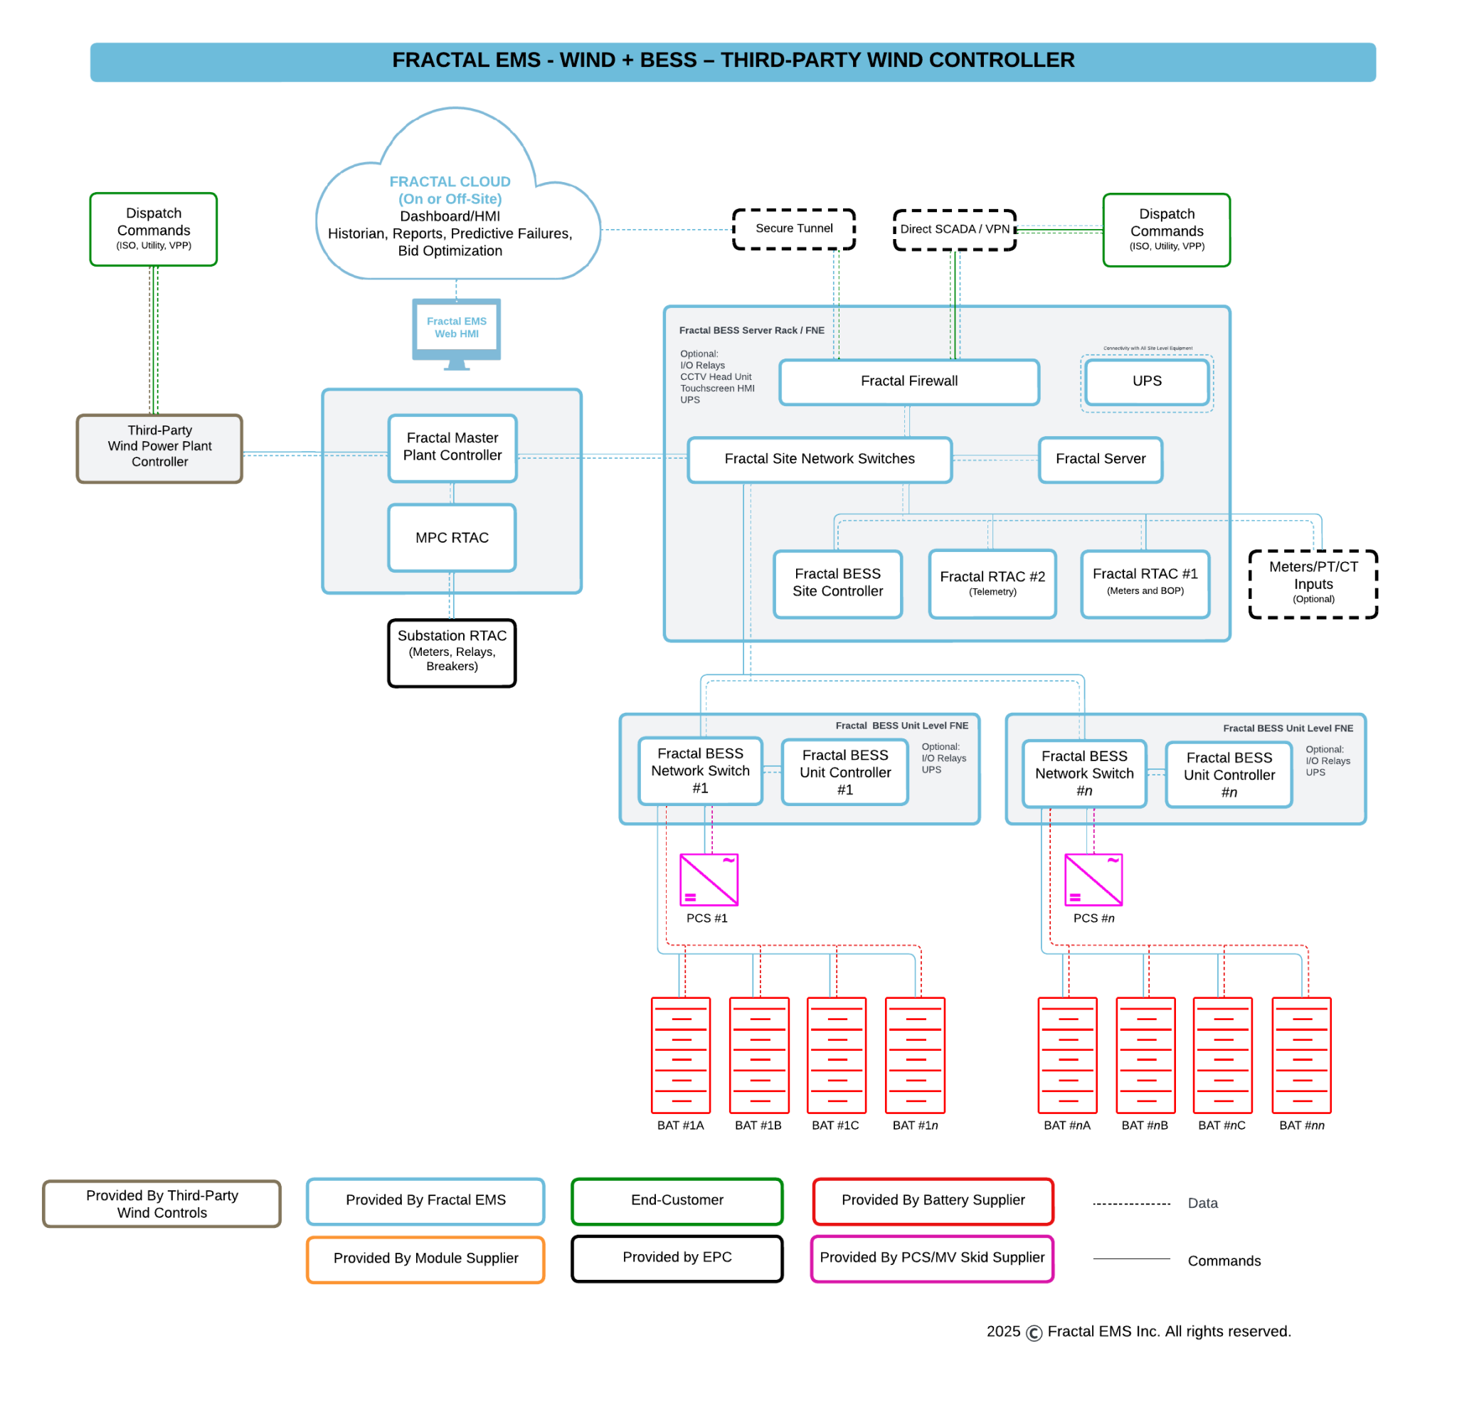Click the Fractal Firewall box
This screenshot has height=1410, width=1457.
point(908,381)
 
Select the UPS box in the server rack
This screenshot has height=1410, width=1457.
point(1146,381)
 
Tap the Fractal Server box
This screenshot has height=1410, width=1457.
point(1100,460)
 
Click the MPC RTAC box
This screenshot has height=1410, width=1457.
point(452,537)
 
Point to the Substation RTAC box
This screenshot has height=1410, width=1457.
point(452,652)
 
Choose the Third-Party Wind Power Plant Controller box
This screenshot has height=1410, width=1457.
point(160,447)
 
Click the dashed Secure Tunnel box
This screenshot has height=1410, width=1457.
point(794,229)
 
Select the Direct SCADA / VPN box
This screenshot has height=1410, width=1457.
point(955,230)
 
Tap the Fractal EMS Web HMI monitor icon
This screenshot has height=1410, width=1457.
point(457,329)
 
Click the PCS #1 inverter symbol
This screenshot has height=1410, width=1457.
point(709,879)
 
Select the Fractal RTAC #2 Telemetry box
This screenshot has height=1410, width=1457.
point(992,583)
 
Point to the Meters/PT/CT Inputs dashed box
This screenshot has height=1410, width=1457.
point(1313,583)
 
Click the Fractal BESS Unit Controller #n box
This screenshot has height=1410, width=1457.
point(1229,775)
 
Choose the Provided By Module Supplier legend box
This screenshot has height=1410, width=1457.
point(425,1258)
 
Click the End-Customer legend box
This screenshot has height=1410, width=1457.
point(677,1200)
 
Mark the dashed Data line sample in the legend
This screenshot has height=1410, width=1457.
point(1131,1204)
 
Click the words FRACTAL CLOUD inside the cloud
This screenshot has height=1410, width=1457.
point(450,181)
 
